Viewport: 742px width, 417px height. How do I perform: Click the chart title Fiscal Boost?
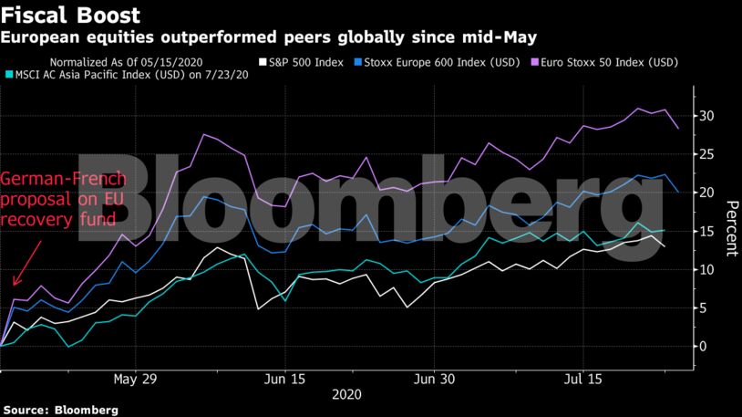coord(71,16)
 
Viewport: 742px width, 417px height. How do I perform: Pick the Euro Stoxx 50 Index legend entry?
coord(601,62)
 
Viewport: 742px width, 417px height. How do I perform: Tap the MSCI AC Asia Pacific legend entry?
coord(128,74)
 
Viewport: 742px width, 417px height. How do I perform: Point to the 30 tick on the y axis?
coord(706,116)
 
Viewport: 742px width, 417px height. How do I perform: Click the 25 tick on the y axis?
coord(706,154)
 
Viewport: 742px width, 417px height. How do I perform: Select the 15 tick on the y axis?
coord(706,231)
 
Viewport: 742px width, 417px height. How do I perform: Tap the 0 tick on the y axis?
coord(703,346)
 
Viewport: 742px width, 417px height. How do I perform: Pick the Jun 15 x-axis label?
coord(283,378)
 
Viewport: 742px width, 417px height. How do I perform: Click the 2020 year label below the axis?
coord(346,395)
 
